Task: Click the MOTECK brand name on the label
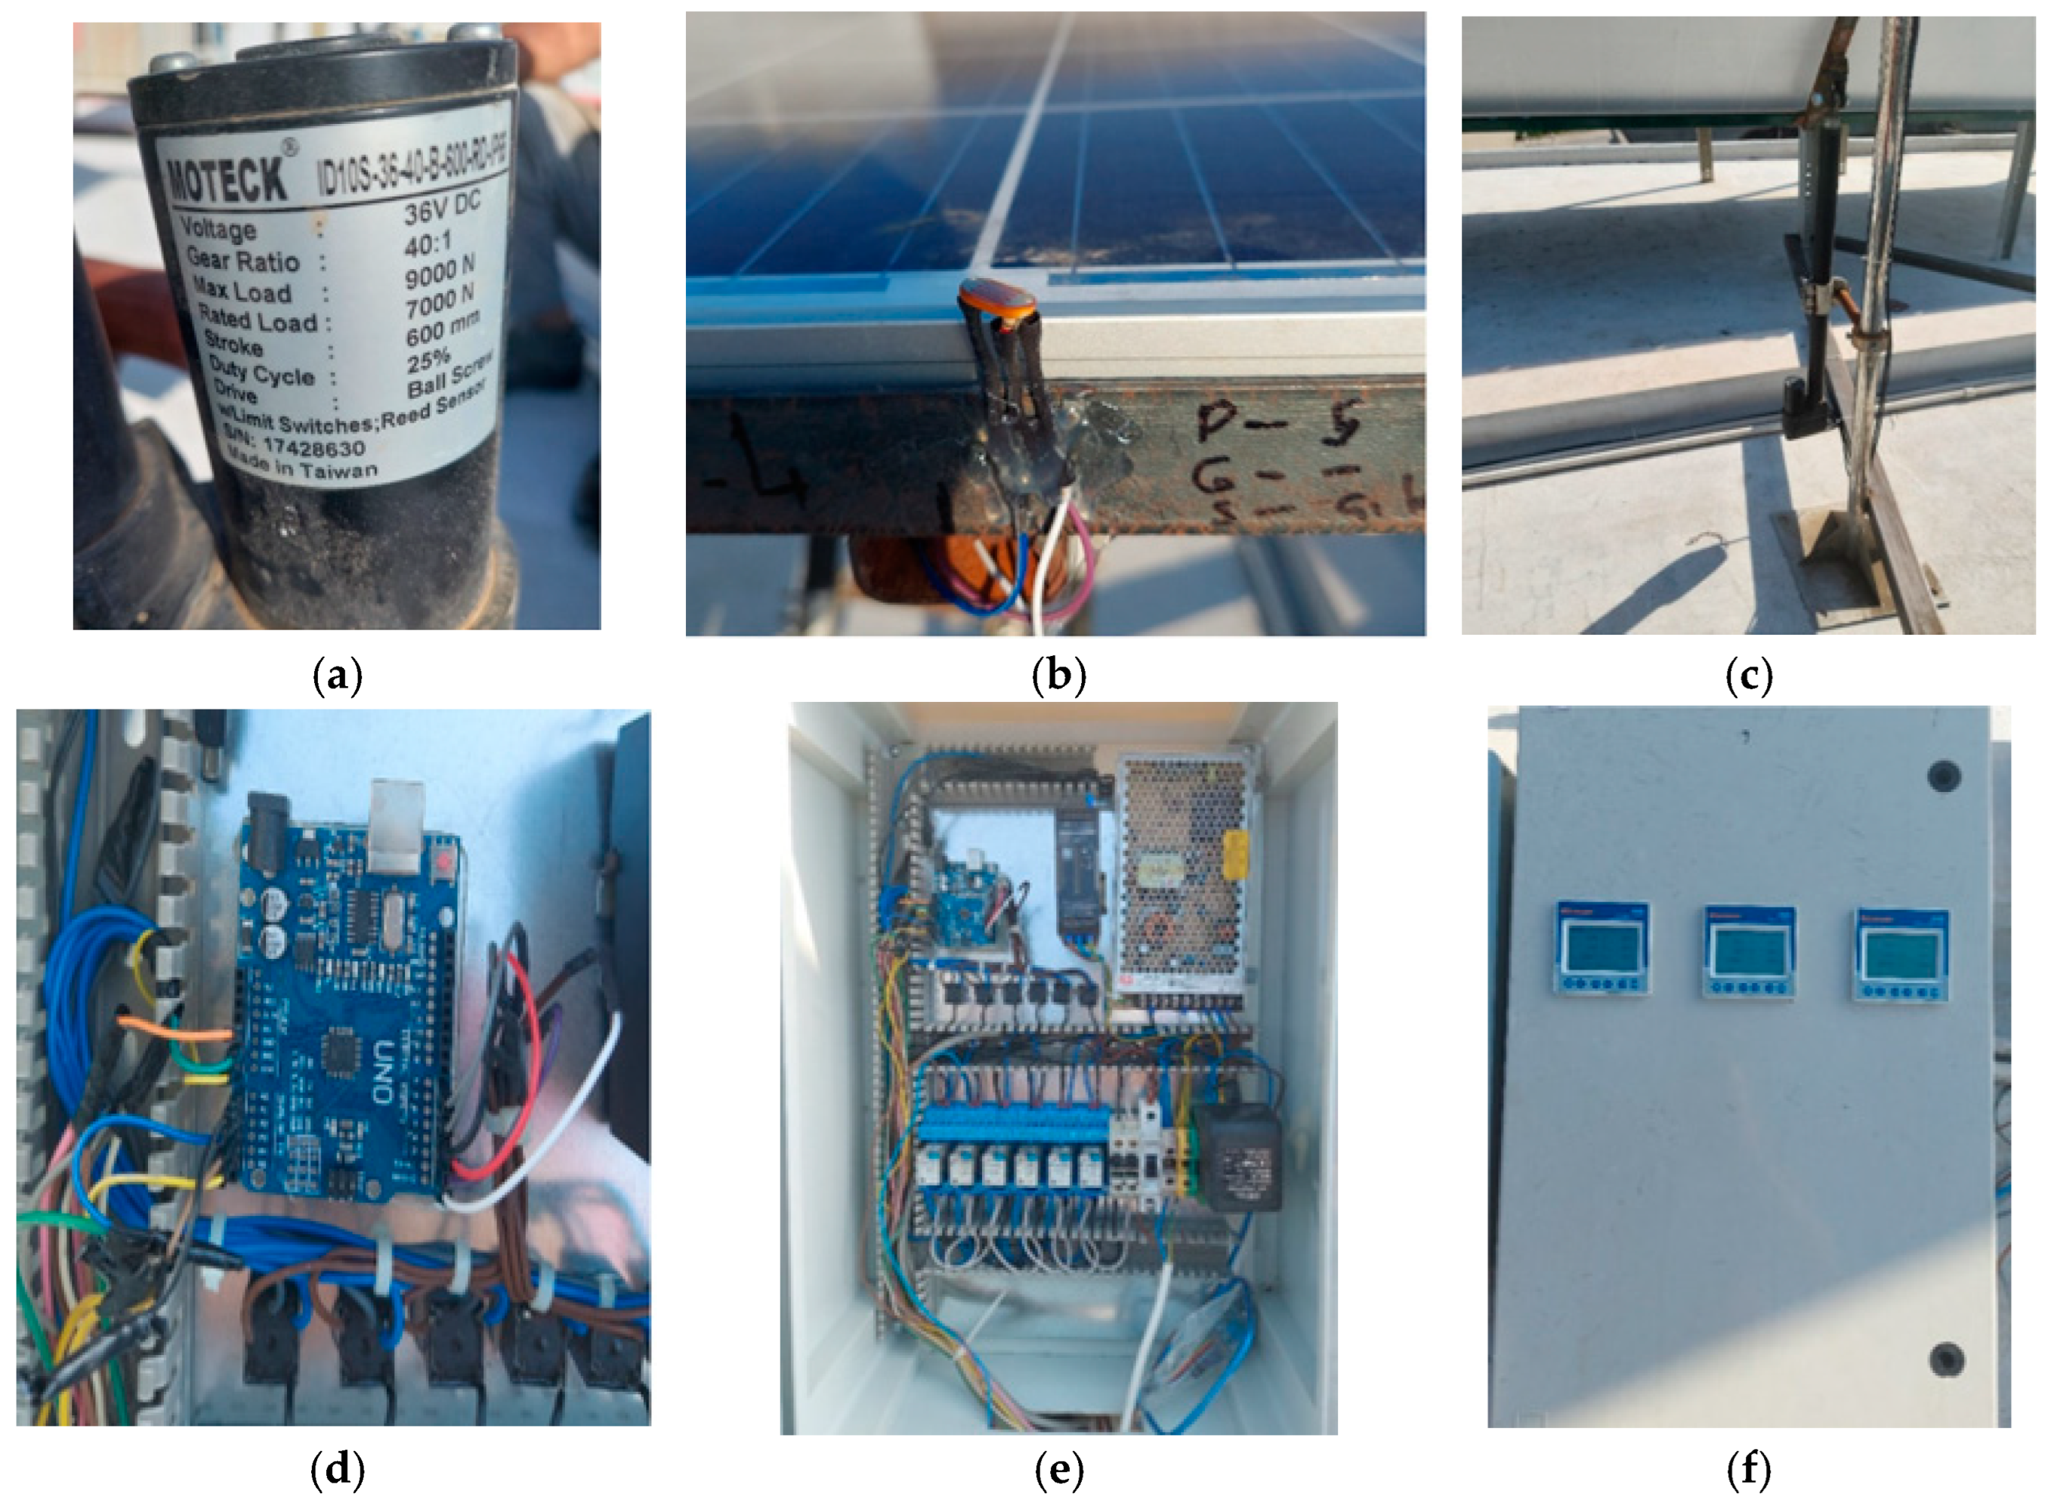(227, 176)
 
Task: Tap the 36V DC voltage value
(441, 209)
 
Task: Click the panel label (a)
(337, 676)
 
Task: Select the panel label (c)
(1748, 676)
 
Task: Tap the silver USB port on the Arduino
(398, 815)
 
